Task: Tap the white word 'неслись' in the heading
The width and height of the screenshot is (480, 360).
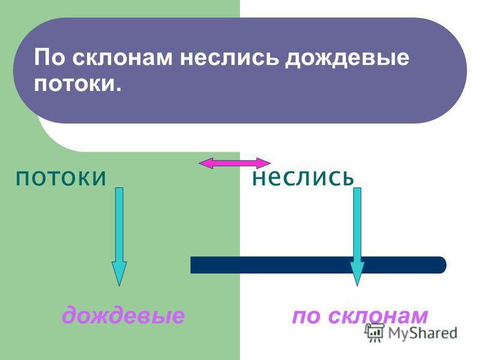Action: (230, 58)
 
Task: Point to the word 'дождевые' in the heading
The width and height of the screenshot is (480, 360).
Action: (347, 58)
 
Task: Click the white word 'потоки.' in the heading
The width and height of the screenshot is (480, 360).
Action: (78, 83)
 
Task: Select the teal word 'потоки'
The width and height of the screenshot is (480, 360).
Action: (61, 178)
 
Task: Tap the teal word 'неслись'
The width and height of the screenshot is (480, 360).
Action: (303, 178)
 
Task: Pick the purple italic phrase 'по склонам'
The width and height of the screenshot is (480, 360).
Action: (360, 316)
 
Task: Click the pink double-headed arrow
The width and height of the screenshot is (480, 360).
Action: (235, 163)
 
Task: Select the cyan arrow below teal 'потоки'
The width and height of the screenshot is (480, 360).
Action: (119, 236)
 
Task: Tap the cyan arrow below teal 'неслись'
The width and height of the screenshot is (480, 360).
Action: (357, 236)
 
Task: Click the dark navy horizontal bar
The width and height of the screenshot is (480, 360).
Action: (319, 265)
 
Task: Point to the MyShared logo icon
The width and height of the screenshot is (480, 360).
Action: (374, 333)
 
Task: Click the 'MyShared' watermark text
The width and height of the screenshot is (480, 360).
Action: (422, 333)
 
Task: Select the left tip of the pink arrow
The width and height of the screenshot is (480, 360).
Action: (199, 163)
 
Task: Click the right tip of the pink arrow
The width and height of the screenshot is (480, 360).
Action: (271, 163)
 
